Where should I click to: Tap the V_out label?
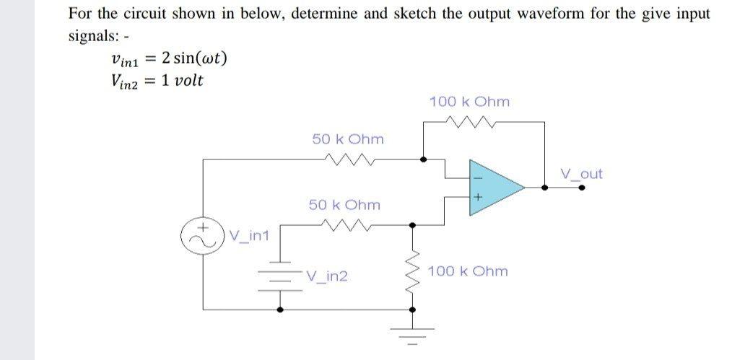[x=581, y=174]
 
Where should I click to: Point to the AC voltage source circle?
[x=204, y=235]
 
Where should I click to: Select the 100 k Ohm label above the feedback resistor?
[x=469, y=102]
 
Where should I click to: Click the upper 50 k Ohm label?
[x=348, y=139]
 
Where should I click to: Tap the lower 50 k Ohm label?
[x=344, y=205]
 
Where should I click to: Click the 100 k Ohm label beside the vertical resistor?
[x=468, y=271]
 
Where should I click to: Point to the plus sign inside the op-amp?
[x=477, y=197]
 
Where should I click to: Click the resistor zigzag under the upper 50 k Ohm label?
[x=349, y=159]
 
